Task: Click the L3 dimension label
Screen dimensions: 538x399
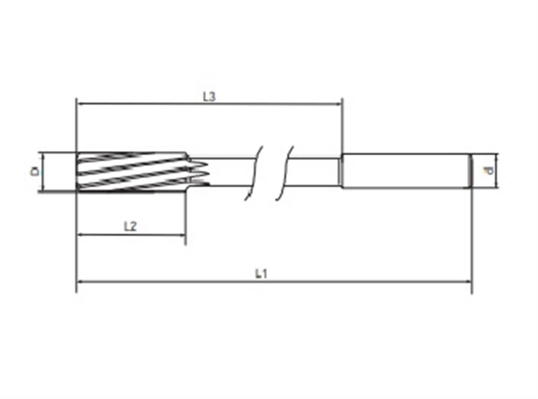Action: click(x=209, y=97)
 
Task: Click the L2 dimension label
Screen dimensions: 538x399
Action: click(x=130, y=226)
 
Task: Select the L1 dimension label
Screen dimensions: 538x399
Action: click(x=261, y=274)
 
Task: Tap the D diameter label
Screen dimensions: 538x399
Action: click(x=35, y=171)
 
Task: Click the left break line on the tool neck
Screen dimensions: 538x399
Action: click(x=254, y=173)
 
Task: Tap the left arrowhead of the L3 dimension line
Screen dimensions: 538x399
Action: click(x=79, y=102)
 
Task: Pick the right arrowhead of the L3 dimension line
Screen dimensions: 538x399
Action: click(x=338, y=103)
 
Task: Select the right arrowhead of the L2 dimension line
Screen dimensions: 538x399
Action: click(x=182, y=235)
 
